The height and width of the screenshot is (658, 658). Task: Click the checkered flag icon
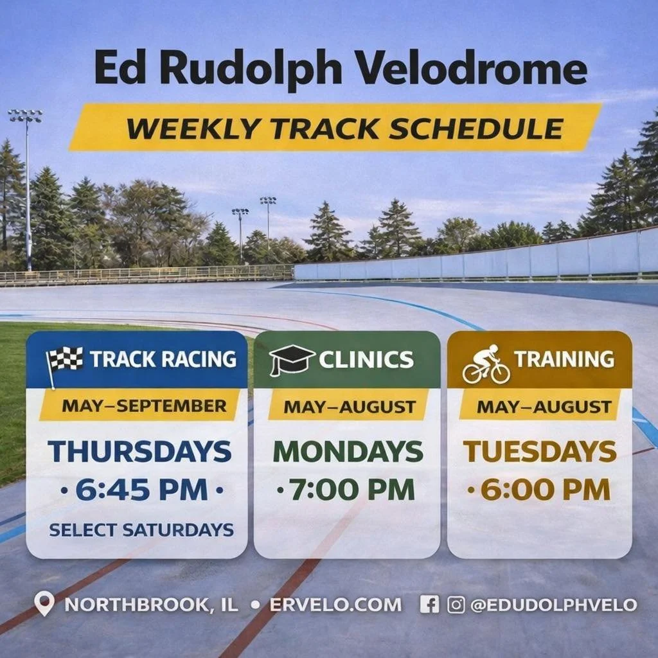[66, 362]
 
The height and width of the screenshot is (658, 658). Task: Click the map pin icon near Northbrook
[44, 604]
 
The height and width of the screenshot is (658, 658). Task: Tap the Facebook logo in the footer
[429, 604]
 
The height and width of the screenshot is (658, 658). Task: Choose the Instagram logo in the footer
[456, 604]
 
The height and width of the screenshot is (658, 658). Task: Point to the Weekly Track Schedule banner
[335, 127]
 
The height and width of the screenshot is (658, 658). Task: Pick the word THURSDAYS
[139, 451]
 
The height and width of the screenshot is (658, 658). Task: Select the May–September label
[144, 406]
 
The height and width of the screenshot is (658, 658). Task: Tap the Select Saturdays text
[141, 530]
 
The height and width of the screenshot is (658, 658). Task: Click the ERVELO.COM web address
[335, 605]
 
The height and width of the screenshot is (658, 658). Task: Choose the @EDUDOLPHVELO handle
[553, 605]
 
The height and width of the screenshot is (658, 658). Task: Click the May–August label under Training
[544, 406]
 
